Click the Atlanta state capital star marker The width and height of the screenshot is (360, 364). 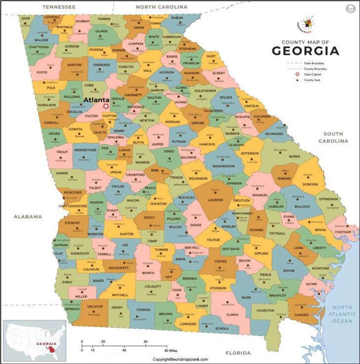point(106,106)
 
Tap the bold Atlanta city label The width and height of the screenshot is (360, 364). point(96,100)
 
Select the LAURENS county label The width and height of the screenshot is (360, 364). point(216,200)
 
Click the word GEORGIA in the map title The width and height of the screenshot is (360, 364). point(306,51)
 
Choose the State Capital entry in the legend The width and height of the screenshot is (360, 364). point(313,75)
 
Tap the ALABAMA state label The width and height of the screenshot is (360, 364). point(28,216)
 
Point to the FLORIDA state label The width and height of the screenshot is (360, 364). point(238,353)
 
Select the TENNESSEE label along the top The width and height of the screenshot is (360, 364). point(59,7)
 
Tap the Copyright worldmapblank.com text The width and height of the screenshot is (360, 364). point(180,360)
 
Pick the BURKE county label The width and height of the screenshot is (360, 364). point(294,156)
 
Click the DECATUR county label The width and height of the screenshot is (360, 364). point(95,307)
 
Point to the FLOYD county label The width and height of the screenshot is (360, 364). point(42,72)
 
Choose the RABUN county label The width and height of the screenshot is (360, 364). point(177,18)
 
